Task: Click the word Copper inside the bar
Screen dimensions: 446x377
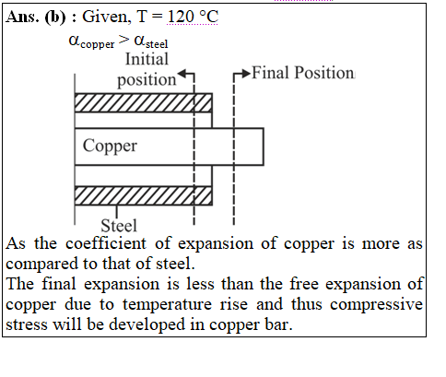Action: pyautogui.click(x=110, y=147)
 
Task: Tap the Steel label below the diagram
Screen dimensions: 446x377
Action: pyautogui.click(x=119, y=226)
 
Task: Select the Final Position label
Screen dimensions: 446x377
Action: pyautogui.click(x=303, y=73)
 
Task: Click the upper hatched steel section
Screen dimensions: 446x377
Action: pyautogui.click(x=143, y=102)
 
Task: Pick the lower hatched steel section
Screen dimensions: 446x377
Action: pyautogui.click(x=143, y=195)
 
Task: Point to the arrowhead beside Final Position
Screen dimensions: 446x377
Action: pyautogui.click(x=246, y=74)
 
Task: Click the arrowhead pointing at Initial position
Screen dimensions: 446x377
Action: pyautogui.click(x=182, y=74)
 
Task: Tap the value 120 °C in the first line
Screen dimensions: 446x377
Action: pyautogui.click(x=193, y=16)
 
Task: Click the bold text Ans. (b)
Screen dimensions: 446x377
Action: pyautogui.click(x=36, y=17)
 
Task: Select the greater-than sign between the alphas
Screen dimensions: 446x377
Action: pyautogui.click(x=124, y=40)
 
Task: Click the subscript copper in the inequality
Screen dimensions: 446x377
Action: pyautogui.click(x=98, y=44)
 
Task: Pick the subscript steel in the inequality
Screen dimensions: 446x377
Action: pyautogui.click(x=157, y=44)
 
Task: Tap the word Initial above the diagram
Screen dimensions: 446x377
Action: pyautogui.click(x=147, y=59)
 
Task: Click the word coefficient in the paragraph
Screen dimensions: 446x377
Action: pyautogui.click(x=106, y=243)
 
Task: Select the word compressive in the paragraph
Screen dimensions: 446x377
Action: pyautogui.click(x=376, y=305)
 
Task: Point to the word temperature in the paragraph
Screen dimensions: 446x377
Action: pyautogui.click(x=168, y=305)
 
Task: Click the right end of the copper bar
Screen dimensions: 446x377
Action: pyautogui.click(x=264, y=147)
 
